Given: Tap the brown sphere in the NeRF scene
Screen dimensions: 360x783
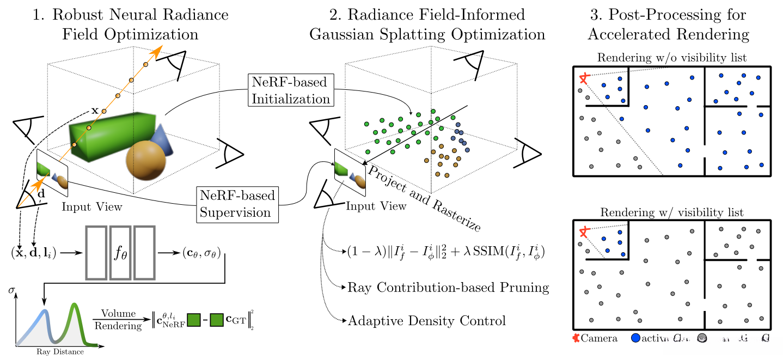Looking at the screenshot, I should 145,160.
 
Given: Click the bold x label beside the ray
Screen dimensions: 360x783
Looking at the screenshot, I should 94,110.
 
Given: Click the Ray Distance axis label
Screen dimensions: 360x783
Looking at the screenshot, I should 60,351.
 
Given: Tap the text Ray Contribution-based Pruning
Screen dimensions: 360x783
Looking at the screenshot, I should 448,287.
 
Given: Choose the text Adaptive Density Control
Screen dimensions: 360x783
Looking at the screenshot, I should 426,321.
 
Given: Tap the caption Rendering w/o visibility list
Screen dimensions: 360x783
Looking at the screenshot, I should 671,58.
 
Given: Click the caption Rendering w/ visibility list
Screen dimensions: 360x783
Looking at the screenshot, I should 671,212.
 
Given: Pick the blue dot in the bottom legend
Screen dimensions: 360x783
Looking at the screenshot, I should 635,338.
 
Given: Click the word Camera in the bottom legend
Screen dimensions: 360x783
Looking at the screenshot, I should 599,338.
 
